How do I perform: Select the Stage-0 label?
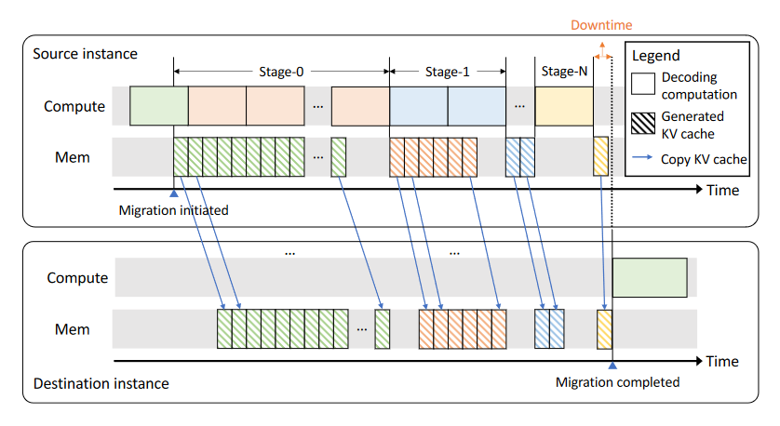[x=281, y=71]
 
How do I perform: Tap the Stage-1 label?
[x=448, y=71]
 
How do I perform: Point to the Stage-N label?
[x=563, y=71]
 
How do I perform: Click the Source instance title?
[x=85, y=53]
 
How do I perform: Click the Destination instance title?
[x=101, y=382]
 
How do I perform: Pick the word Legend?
[x=654, y=56]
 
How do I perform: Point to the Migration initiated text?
[x=173, y=210]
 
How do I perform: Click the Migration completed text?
[x=617, y=381]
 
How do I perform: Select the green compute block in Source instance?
[x=158, y=106]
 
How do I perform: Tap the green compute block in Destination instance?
[x=650, y=276]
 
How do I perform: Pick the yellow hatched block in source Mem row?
[x=600, y=156]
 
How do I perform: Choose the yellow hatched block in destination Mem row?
[x=605, y=329]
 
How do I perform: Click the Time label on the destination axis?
[x=722, y=361]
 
